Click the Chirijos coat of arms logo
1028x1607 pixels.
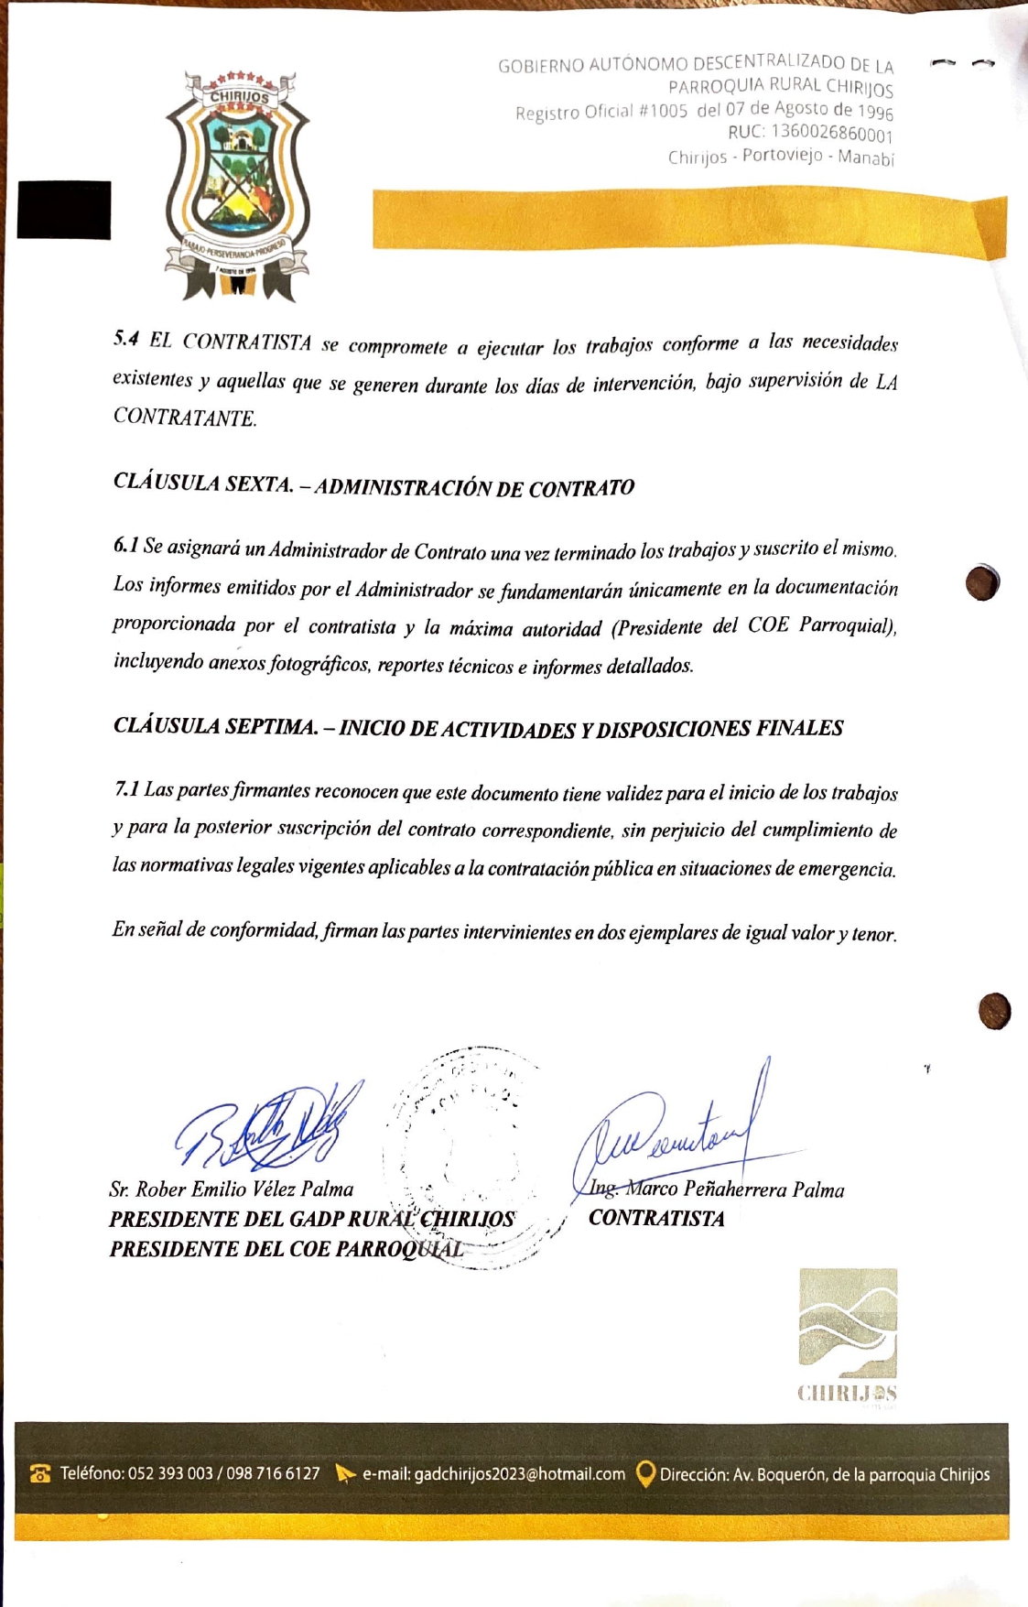click(x=237, y=186)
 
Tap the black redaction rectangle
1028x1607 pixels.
click(x=64, y=210)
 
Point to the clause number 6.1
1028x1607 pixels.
click(x=125, y=546)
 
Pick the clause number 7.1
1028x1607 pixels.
click(x=126, y=789)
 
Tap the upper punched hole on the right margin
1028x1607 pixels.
click(x=982, y=582)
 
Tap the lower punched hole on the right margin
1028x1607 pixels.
click(x=994, y=1011)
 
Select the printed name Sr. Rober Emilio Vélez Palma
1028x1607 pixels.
click(x=231, y=1189)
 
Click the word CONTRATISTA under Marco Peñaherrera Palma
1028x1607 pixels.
click(x=656, y=1219)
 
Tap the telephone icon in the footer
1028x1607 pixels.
click(x=40, y=1473)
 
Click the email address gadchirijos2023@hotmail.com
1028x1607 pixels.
click(x=519, y=1474)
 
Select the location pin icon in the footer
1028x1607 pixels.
click(x=645, y=1473)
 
